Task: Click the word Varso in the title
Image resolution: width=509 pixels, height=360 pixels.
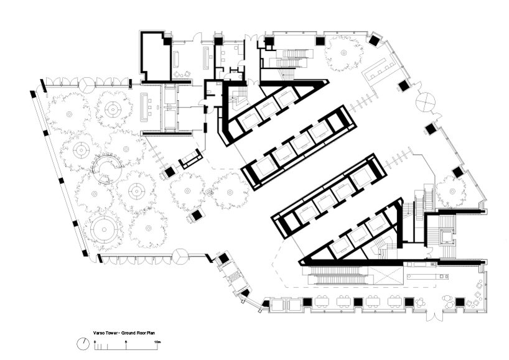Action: point(99,333)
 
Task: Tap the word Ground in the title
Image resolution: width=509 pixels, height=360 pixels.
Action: point(128,333)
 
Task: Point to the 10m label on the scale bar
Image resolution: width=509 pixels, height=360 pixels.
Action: point(157,342)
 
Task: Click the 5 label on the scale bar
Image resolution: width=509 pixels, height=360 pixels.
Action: point(126,342)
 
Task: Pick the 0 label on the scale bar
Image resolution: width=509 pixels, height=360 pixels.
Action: point(95,342)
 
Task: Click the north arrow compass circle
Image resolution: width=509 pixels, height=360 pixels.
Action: point(83,344)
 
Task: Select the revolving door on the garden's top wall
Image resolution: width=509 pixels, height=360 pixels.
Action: point(86,85)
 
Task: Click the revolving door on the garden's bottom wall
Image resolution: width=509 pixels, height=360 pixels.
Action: point(180,257)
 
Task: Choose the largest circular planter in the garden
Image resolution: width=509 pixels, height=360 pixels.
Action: point(104,229)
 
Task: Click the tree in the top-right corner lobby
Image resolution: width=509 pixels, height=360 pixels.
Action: point(343,53)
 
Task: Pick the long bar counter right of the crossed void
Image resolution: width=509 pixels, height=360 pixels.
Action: point(428,276)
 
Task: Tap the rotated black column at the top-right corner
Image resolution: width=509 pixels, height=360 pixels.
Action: point(373,40)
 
